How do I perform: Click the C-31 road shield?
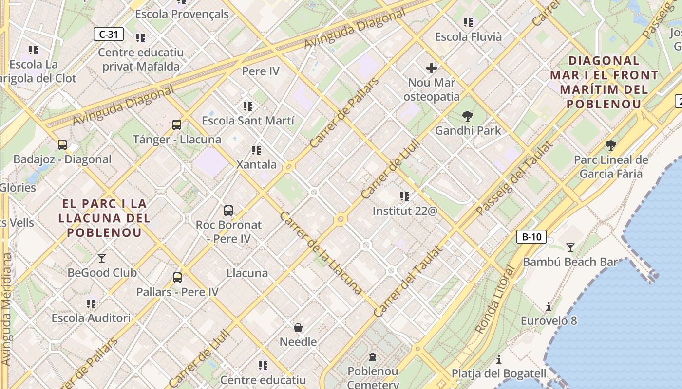click(x=108, y=34)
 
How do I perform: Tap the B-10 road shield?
click(x=531, y=237)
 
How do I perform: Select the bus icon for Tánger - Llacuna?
click(x=177, y=125)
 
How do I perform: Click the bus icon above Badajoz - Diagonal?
click(x=62, y=144)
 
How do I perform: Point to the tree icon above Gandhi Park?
click(x=468, y=116)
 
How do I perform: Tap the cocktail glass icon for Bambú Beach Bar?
click(x=570, y=247)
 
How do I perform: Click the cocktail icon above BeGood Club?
click(x=102, y=258)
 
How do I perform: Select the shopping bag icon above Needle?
click(x=298, y=327)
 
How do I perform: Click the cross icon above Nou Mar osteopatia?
click(x=431, y=68)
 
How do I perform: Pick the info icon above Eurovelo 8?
click(x=549, y=306)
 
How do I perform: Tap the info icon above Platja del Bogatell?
click(x=499, y=359)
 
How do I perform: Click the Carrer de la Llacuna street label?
click(x=321, y=253)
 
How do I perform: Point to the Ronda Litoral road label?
click(x=495, y=300)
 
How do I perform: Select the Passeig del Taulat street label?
click(x=514, y=178)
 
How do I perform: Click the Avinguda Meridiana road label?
click(x=6, y=309)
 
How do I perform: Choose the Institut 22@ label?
click(x=405, y=211)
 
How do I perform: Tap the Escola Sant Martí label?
click(x=248, y=121)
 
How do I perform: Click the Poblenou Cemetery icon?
click(x=373, y=357)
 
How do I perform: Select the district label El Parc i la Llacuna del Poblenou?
click(x=104, y=218)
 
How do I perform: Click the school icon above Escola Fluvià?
click(x=468, y=22)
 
